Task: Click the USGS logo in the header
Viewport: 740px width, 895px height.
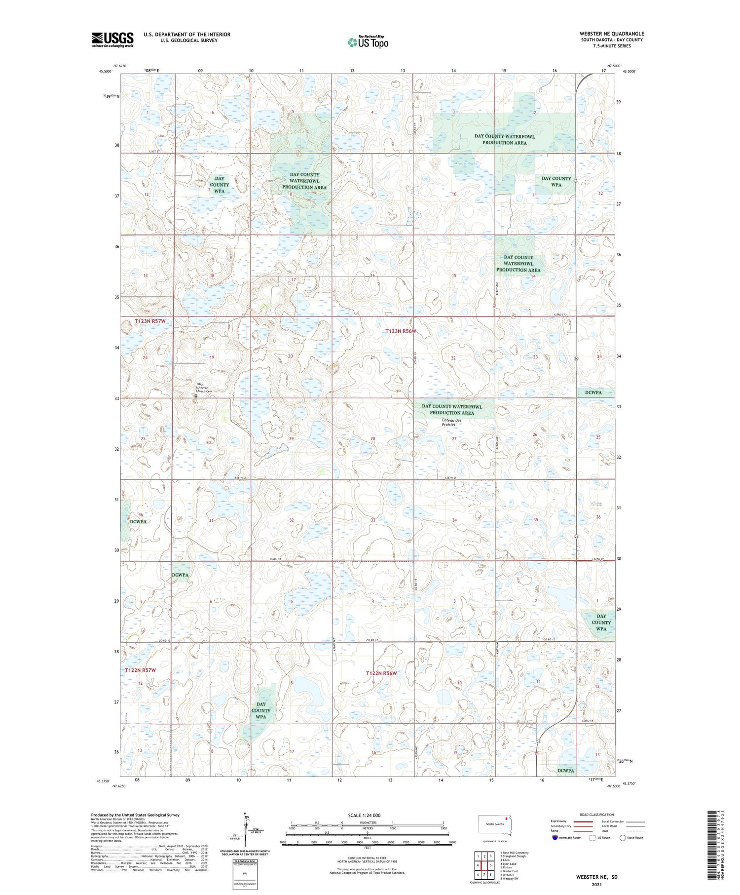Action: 112,39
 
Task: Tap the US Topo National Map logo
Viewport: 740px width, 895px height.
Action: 368,42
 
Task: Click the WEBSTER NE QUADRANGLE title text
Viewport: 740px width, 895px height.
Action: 612,34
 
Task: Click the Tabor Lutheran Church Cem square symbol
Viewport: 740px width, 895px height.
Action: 196,396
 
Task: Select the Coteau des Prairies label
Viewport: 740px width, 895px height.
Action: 451,423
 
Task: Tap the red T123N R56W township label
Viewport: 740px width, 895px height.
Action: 401,331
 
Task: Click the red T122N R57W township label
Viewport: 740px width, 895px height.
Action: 140,670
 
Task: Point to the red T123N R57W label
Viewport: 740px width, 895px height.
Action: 150,321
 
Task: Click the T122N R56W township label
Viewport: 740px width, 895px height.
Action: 381,673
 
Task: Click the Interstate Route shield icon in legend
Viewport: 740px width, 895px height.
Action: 555,838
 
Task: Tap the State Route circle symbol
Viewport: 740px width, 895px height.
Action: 623,838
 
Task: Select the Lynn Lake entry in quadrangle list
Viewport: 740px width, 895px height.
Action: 508,864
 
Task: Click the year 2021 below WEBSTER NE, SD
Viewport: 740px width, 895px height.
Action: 597,885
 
